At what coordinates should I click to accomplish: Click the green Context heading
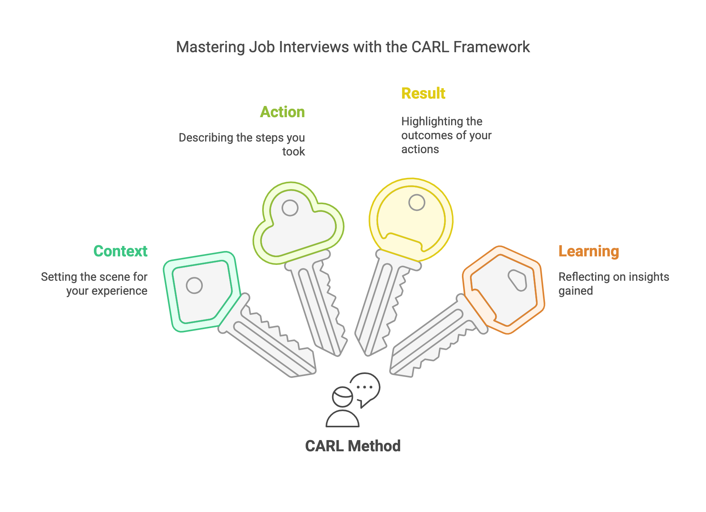click(120, 251)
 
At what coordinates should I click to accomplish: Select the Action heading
click(282, 112)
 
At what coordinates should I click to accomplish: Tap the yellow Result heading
click(423, 94)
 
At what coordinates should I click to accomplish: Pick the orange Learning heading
click(589, 251)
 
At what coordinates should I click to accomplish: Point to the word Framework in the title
click(491, 47)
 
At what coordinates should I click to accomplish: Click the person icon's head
click(343, 397)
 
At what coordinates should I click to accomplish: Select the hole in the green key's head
click(194, 286)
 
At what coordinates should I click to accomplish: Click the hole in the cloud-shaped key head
click(290, 208)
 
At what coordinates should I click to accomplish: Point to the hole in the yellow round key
click(417, 202)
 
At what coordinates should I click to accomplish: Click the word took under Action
click(293, 152)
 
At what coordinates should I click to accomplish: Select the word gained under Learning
click(575, 291)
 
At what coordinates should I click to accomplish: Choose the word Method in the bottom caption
click(374, 446)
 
